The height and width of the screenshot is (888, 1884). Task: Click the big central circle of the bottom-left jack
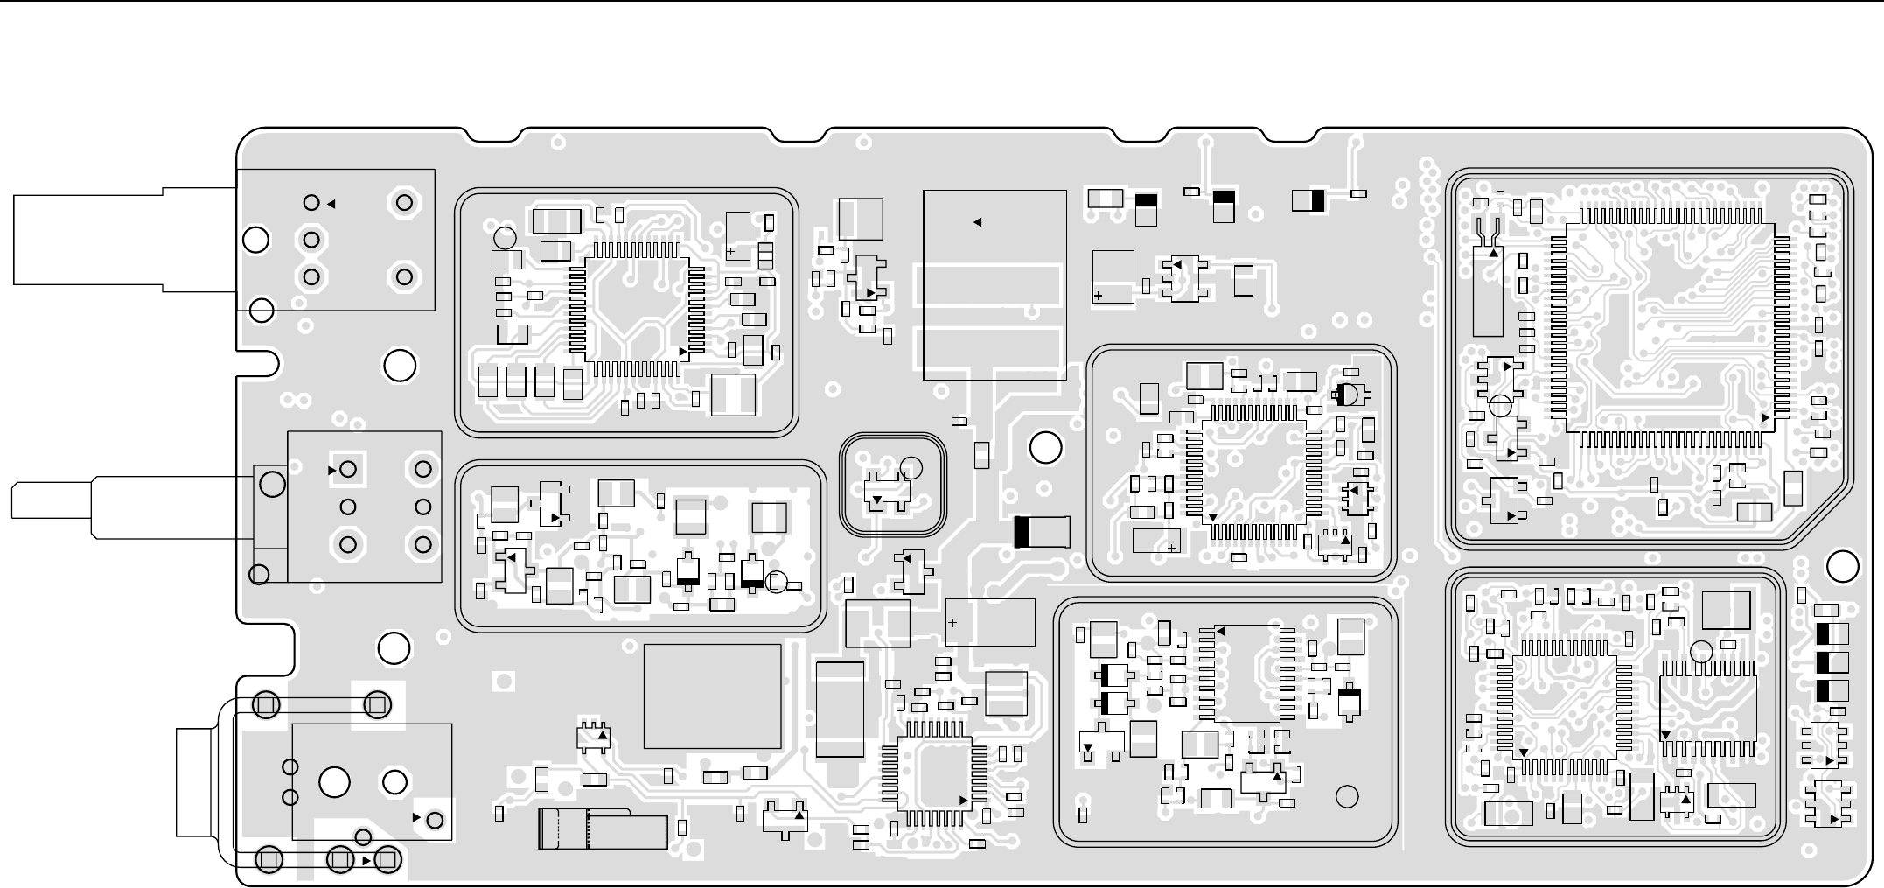pos(335,782)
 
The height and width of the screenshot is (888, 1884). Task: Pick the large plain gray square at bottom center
pos(712,696)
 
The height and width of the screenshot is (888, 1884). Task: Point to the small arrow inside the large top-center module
pos(978,222)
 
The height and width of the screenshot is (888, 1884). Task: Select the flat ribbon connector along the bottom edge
pos(604,829)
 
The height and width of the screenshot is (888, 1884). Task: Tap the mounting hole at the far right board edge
pos(1843,567)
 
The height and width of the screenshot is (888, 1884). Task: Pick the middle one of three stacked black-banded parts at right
pos(1832,662)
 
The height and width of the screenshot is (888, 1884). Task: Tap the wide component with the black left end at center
pos(1042,532)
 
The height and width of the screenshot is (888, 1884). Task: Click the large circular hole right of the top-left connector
pos(400,366)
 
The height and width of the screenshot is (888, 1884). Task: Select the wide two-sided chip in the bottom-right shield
pos(1708,707)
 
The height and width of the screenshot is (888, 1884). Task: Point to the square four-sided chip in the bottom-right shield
pos(1565,706)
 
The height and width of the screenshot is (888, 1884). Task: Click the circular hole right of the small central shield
pos(1045,448)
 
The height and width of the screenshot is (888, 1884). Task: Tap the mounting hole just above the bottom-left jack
pos(394,648)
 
